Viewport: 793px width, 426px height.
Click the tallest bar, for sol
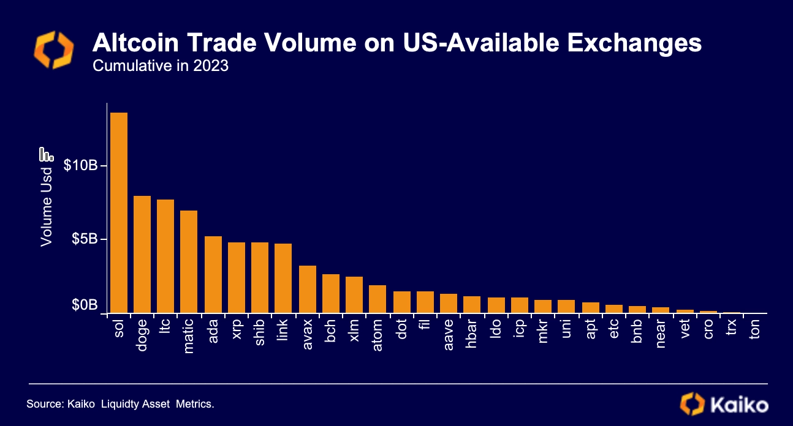118,212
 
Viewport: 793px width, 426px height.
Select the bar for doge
142,254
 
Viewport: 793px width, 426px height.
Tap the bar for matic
189,261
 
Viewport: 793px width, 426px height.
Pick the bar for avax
307,289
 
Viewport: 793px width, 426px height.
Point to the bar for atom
378,299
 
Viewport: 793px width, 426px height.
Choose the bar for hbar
472,304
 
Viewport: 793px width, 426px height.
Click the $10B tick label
81,165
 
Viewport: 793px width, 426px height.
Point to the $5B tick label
85,238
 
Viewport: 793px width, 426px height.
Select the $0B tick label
85,305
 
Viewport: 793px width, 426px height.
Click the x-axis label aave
449,332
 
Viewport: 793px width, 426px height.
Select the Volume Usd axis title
47,207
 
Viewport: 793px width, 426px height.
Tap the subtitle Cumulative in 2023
160,65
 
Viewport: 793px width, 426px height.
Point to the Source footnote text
120,405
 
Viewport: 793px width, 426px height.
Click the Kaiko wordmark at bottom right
739,405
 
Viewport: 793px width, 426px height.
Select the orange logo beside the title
53,50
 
